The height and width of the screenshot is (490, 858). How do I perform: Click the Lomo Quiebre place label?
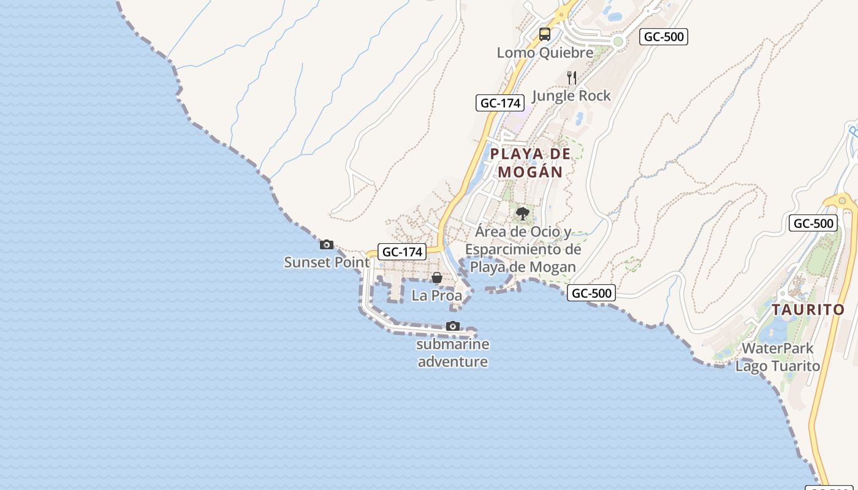coord(545,53)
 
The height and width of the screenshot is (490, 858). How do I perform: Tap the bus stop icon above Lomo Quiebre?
coord(545,34)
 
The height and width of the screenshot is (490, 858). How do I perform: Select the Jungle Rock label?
coord(571,96)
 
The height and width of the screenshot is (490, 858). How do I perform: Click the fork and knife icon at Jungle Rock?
coord(572,78)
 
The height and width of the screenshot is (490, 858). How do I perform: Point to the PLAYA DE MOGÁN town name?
coord(530,162)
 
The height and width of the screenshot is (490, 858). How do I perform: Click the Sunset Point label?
coord(327,262)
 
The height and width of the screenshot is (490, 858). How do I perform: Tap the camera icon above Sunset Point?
coord(327,245)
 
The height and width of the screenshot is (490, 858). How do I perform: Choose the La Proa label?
coord(436,295)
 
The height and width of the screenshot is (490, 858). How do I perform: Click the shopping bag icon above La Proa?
coord(436,278)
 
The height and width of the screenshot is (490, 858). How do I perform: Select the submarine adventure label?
coord(453,353)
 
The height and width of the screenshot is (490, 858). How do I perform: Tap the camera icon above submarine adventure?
coord(453,326)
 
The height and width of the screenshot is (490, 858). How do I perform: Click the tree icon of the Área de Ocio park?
coord(523,214)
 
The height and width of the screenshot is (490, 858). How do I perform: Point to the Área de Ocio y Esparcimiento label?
coord(523,249)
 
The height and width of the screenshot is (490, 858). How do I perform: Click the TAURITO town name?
coord(808,309)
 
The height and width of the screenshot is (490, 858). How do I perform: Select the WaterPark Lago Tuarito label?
coord(778,357)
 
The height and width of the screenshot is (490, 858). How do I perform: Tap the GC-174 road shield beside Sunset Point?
coord(401,252)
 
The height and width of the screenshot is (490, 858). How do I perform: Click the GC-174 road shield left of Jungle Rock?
coord(500,103)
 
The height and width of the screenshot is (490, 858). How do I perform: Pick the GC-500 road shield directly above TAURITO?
coord(813,223)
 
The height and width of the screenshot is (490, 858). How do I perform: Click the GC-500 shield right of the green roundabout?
coord(664,37)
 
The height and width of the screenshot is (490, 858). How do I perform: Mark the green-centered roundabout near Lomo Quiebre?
coord(618,42)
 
